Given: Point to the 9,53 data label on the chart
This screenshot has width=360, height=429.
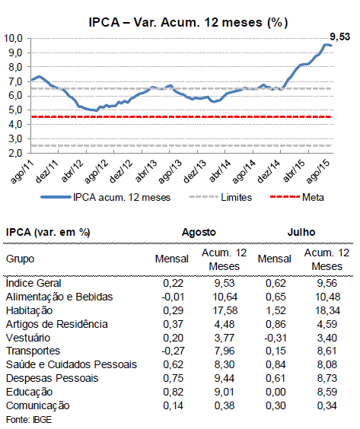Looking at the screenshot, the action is click(x=339, y=37).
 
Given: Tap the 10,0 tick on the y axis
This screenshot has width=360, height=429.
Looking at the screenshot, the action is click(x=13, y=38).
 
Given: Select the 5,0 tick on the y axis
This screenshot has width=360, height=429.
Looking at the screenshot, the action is click(x=15, y=110).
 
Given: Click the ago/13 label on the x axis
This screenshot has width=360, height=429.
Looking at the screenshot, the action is click(x=170, y=172).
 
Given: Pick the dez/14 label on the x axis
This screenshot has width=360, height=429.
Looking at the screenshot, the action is click(x=269, y=172).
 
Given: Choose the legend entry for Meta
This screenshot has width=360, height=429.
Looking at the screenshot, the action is click(x=297, y=197).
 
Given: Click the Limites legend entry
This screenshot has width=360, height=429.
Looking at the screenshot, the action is click(x=221, y=197).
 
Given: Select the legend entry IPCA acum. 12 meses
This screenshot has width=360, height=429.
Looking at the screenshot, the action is click(x=106, y=197).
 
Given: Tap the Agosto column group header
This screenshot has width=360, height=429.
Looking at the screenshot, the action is click(x=199, y=232).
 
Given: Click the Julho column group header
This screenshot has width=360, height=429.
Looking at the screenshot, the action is click(x=301, y=232).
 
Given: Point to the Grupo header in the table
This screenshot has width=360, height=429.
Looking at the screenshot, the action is click(x=20, y=259).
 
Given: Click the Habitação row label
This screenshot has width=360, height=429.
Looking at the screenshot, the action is click(x=29, y=311).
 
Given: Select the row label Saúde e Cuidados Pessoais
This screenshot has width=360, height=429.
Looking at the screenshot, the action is click(x=72, y=364).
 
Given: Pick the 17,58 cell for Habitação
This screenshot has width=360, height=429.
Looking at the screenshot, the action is click(x=225, y=311).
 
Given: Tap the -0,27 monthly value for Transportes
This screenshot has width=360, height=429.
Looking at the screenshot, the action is click(x=173, y=351).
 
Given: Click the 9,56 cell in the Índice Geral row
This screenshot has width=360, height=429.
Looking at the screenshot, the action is click(x=327, y=283).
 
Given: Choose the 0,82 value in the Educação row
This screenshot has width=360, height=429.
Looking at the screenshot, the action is click(x=173, y=392).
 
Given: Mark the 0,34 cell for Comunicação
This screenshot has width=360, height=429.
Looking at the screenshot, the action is click(x=327, y=405).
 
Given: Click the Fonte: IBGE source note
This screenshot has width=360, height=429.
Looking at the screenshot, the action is click(x=29, y=420).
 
